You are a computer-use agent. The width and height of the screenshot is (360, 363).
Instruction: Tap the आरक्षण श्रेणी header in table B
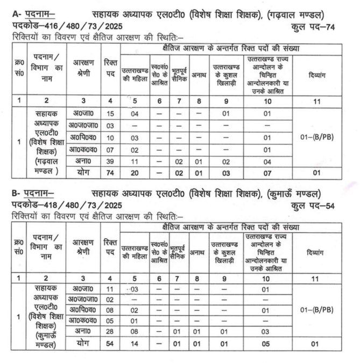(x=82, y=248)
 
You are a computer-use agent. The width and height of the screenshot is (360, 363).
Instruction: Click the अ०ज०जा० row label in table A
(x=82, y=126)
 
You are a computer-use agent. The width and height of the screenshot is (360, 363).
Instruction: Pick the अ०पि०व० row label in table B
(x=82, y=310)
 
